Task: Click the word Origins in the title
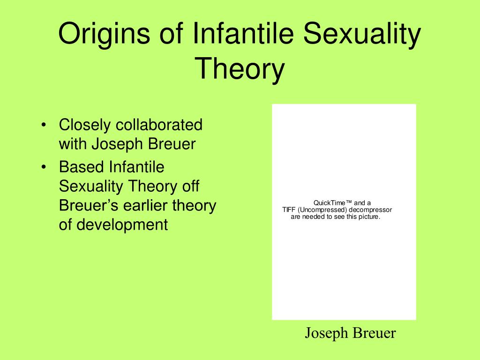click(104, 34)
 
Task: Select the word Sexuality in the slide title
click(362, 34)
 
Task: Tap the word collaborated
click(159, 125)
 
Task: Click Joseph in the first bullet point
click(117, 144)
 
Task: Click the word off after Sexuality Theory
click(191, 186)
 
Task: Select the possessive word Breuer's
click(89, 205)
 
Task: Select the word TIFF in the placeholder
click(289, 210)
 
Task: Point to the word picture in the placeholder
click(369, 217)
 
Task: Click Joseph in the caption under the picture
click(326, 333)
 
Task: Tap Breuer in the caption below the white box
click(374, 333)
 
